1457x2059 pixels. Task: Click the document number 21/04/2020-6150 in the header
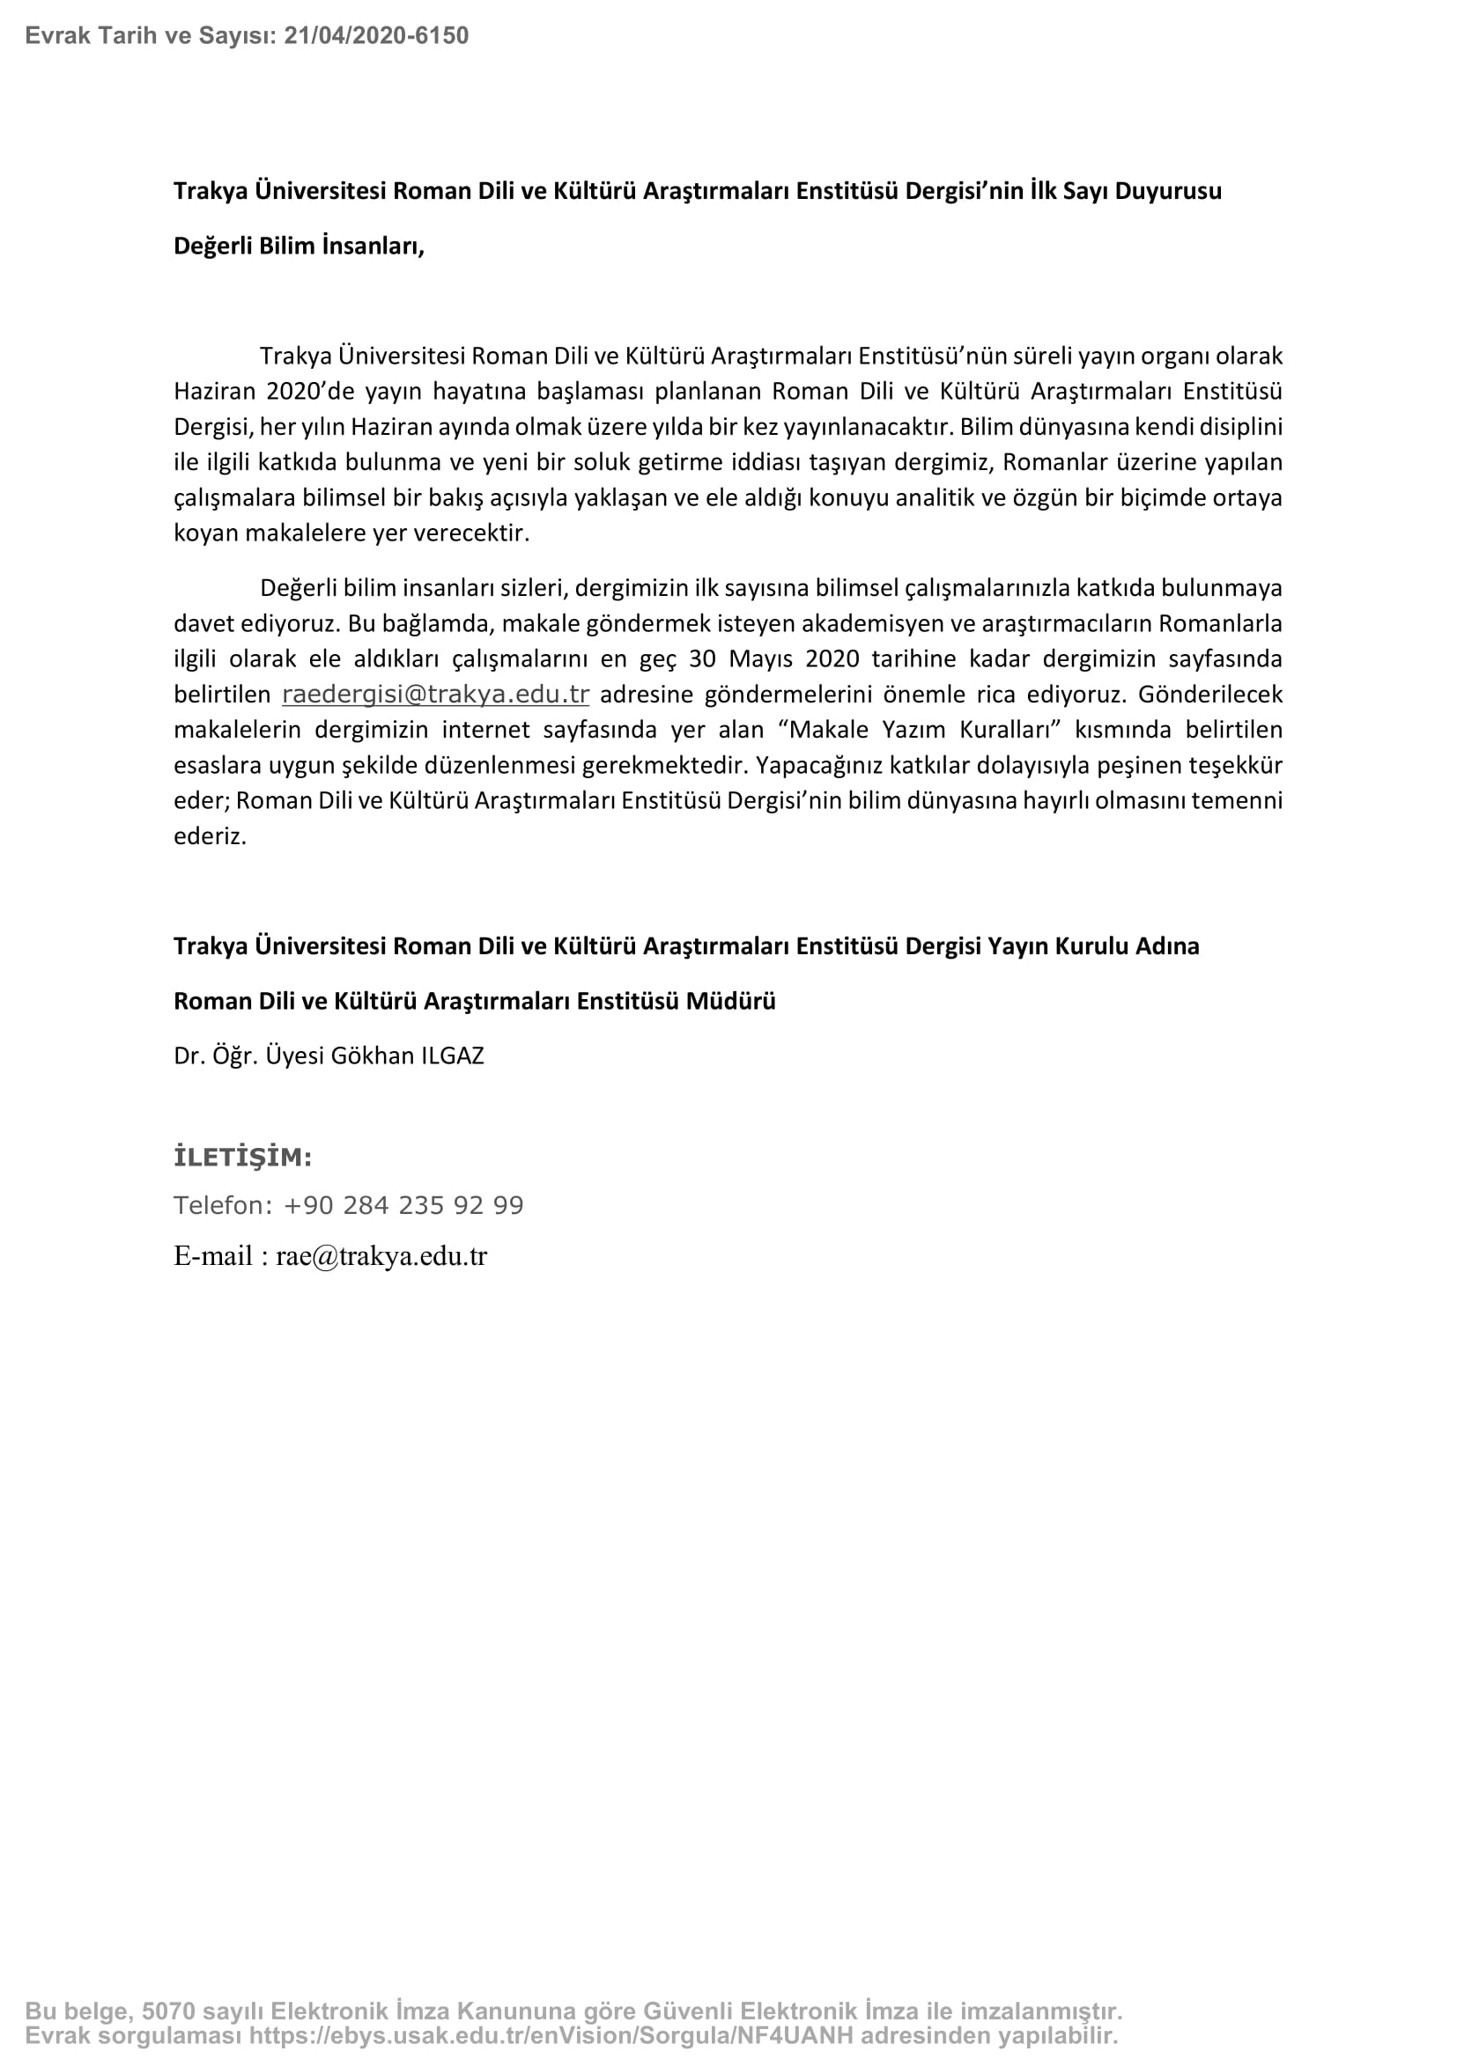pyautogui.click(x=376, y=36)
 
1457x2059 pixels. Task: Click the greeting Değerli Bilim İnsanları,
pyautogui.click(x=299, y=246)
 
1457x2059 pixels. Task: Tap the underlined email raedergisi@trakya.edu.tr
pyautogui.click(x=435, y=694)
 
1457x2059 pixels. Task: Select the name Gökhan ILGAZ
pyautogui.click(x=407, y=1055)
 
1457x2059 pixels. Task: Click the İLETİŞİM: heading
pyautogui.click(x=242, y=1158)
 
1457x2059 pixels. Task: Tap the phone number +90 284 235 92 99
pyautogui.click(x=403, y=1205)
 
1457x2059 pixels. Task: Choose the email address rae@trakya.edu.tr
pyautogui.click(x=381, y=1256)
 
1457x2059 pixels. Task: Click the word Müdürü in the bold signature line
pyautogui.click(x=730, y=1001)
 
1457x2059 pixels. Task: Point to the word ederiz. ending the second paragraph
pyautogui.click(x=210, y=835)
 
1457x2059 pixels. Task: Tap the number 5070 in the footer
pyautogui.click(x=161, y=2011)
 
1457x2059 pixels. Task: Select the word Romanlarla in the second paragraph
pyautogui.click(x=1220, y=623)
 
